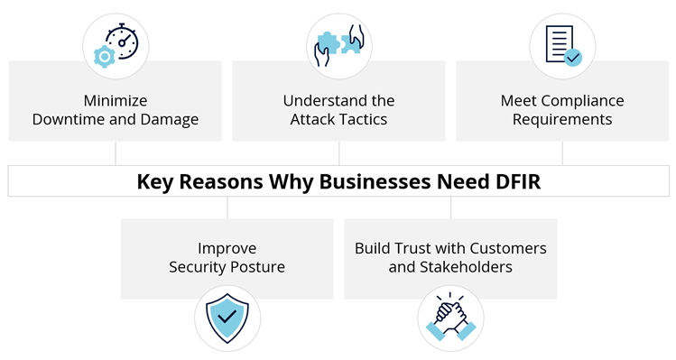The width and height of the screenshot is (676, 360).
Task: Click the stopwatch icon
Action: coord(123,42)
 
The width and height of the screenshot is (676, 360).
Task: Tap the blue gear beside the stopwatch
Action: coord(105,57)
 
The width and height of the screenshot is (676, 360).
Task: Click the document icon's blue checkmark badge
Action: coord(573,57)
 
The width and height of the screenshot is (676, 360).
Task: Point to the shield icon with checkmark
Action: coord(227,318)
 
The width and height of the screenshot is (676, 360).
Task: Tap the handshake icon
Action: coord(450,317)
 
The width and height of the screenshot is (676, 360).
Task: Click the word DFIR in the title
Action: coord(518,181)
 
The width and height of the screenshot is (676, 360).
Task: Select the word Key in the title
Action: coord(154,182)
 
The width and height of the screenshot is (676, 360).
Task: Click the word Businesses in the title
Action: coord(375,181)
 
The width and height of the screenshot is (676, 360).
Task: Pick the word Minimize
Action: coord(116,100)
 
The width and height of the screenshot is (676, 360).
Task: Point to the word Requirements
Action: coord(562,119)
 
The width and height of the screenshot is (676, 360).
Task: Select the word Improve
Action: coord(227,249)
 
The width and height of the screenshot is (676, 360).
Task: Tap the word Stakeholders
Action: coord(466,267)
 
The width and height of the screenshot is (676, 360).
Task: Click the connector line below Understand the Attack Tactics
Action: coord(338,153)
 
